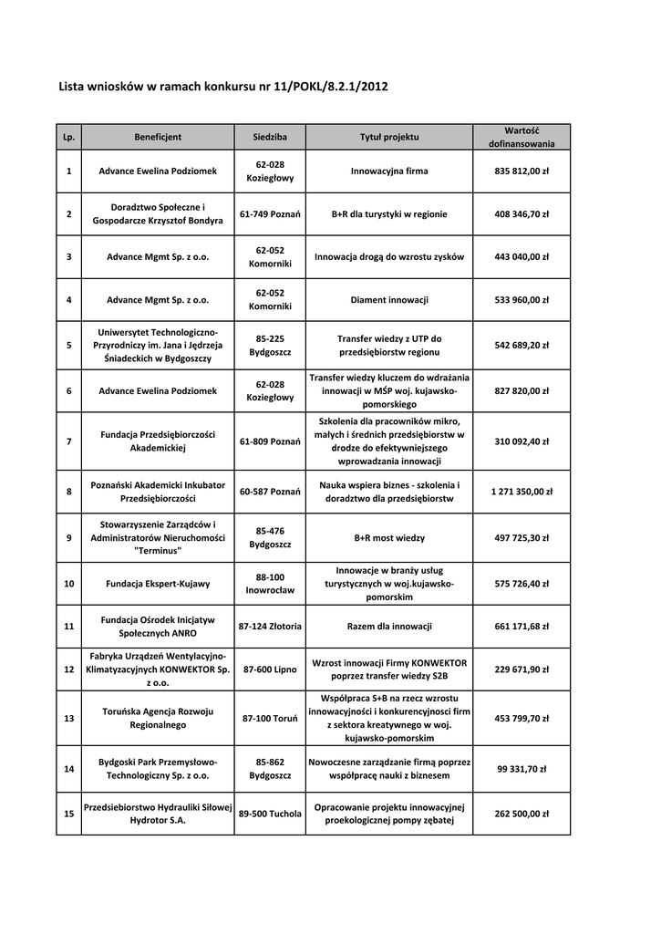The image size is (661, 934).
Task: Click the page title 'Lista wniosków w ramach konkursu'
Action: click(x=223, y=87)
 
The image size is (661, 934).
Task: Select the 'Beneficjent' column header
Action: click(x=158, y=137)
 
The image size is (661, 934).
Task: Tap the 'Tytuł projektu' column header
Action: click(x=389, y=137)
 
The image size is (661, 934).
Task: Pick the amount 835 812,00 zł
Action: click(x=522, y=171)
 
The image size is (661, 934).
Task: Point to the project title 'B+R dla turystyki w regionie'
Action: click(x=389, y=214)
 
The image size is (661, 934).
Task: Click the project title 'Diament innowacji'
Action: click(x=389, y=299)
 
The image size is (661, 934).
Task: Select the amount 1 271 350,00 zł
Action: click(x=522, y=492)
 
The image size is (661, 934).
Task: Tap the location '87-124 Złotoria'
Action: click(x=270, y=627)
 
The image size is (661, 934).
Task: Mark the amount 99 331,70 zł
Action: click(x=522, y=769)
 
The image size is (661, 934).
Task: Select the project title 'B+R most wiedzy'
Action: click(x=389, y=538)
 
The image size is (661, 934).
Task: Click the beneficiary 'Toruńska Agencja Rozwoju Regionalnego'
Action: click(x=158, y=718)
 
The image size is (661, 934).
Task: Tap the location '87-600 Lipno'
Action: click(x=270, y=669)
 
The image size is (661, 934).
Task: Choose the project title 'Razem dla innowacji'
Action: click(x=389, y=627)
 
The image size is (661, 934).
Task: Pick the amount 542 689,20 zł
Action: click(x=522, y=346)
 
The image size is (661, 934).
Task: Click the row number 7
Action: click(x=69, y=441)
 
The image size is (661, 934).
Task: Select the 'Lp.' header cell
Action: click(x=69, y=137)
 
